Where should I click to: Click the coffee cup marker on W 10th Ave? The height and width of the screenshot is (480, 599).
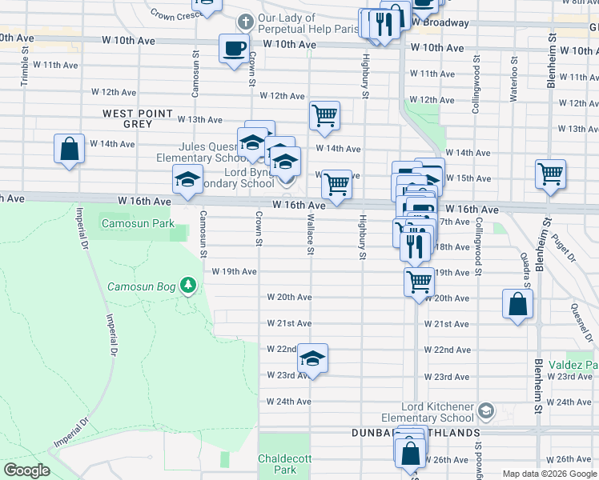pos(234,48)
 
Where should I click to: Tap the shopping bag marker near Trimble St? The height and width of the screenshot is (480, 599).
pos(70,149)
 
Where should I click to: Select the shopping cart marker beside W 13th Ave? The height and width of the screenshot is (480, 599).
pos(324,115)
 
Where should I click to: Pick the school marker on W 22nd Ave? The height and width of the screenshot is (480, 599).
pos(313,361)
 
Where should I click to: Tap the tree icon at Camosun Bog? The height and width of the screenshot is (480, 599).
pos(188,285)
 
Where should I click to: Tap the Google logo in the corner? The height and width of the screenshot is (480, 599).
pos(26,470)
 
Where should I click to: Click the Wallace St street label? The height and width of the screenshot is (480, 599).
pos(309,234)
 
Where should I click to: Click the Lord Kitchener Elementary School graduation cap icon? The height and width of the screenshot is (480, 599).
pos(484,411)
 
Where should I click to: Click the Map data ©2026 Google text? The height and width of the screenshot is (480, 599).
pos(549,474)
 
